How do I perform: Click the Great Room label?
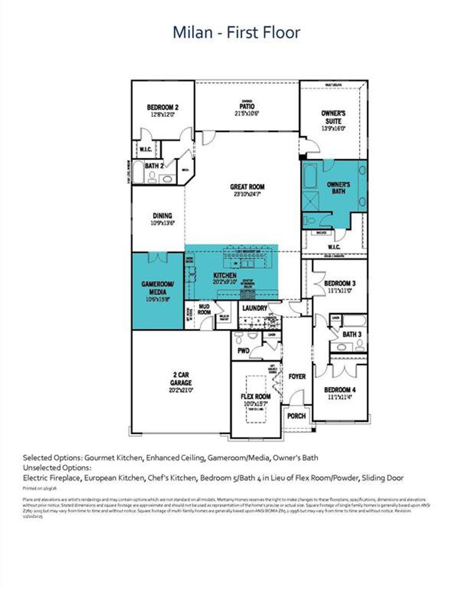coord(247,187)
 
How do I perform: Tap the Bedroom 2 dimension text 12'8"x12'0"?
coord(163,115)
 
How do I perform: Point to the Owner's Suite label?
coord(333,117)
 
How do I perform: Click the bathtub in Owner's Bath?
coord(311,177)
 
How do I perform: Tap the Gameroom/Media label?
coord(158,288)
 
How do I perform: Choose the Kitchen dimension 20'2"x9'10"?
coord(225,282)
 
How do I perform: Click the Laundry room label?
coord(254,308)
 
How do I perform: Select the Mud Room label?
coord(204,309)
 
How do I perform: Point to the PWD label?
coord(243,351)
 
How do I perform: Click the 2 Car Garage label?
coord(181,379)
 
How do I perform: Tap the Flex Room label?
coord(255,396)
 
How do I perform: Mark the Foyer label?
coord(297,376)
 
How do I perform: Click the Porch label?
coord(296,416)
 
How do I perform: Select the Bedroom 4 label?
coord(340,390)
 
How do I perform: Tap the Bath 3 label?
coord(352,334)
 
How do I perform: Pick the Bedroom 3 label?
coord(340,283)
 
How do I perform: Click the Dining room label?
coord(162,216)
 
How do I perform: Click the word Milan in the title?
coord(192,32)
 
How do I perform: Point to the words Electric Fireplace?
coord(51,478)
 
